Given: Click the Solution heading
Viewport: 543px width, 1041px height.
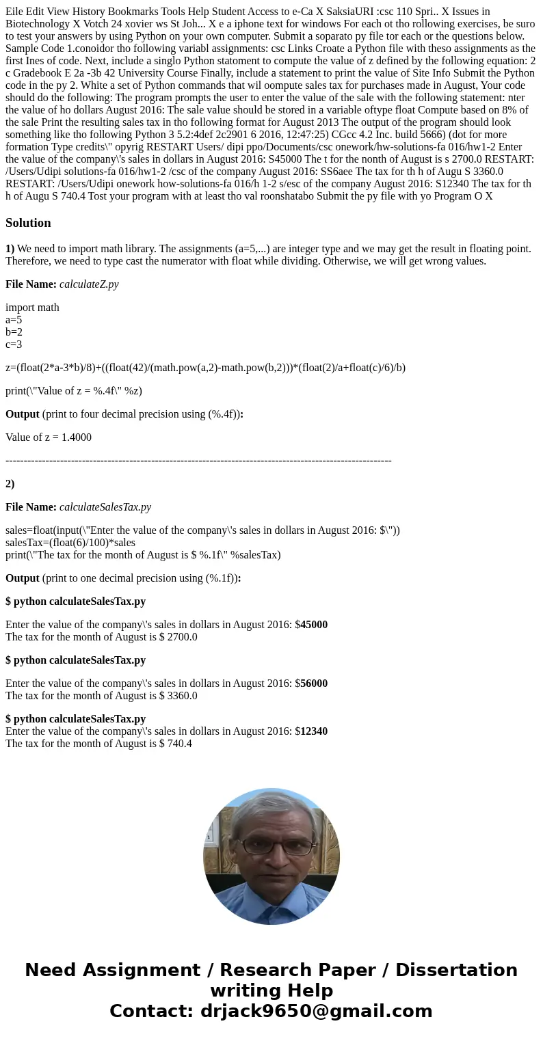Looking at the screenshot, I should click(x=28, y=223).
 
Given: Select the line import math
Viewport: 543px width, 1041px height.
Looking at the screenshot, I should click(x=32, y=307).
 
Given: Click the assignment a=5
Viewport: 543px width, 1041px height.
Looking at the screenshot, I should click(x=14, y=319).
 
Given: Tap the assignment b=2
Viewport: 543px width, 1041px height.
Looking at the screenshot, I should click(x=14, y=332).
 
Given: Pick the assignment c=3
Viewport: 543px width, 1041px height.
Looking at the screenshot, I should click(x=14, y=344).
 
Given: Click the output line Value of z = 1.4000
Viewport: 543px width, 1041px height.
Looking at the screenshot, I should click(x=49, y=437).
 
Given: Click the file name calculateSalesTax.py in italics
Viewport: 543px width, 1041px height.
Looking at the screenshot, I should click(x=105, y=506).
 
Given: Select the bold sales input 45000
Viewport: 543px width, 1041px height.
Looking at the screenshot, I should click(x=314, y=624).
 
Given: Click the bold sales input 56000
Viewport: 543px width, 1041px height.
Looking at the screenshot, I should click(x=314, y=683).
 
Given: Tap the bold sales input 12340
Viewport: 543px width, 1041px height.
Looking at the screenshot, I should click(x=314, y=731).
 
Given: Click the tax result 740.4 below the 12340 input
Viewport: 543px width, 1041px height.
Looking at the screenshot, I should click(x=179, y=743).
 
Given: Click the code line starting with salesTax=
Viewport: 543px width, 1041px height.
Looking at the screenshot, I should click(x=70, y=542).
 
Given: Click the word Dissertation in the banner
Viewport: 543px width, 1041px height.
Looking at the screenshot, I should click(x=456, y=970).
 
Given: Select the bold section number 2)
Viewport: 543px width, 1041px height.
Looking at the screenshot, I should click(x=10, y=483).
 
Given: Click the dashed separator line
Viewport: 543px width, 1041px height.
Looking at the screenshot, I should click(x=198, y=460).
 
